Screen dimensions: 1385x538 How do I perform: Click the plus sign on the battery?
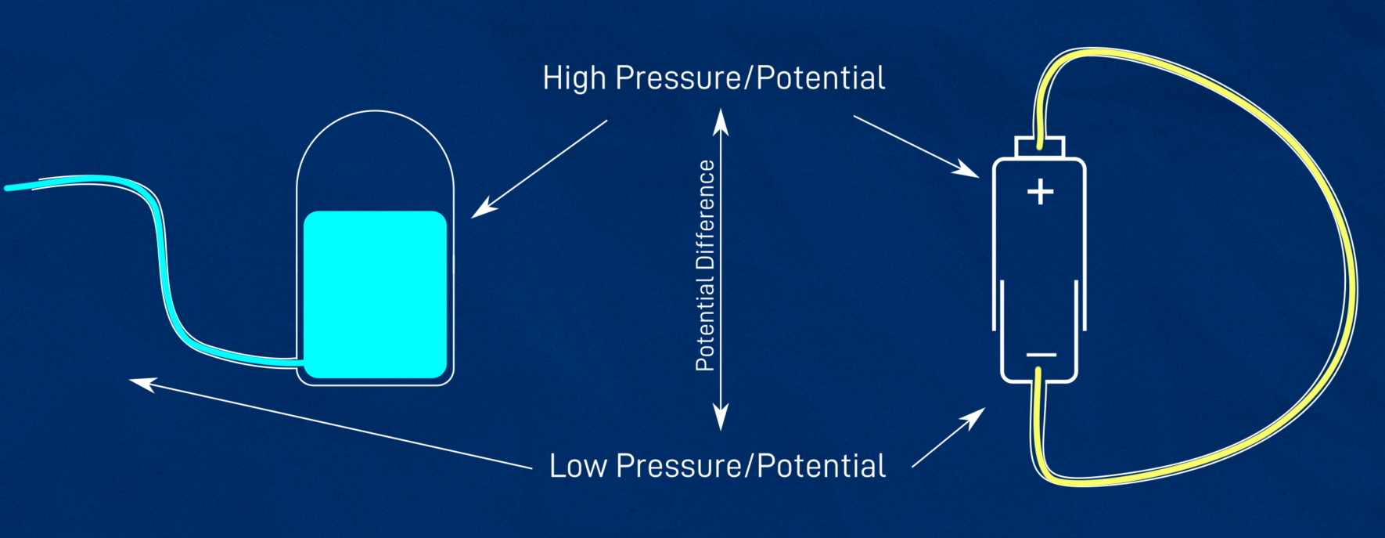1040,191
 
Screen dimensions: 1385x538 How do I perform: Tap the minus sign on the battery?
1041,355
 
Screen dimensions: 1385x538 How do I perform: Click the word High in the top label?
574,79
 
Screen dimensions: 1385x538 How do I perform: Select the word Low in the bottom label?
578,466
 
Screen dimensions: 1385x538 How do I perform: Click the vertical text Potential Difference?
705,265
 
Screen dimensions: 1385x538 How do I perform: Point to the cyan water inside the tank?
375,294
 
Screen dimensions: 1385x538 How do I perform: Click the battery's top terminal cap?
1040,146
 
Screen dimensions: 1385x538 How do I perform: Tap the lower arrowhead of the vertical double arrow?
721,417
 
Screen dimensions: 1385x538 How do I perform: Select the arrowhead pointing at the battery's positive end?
967,168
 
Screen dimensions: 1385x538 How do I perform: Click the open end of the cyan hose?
8,188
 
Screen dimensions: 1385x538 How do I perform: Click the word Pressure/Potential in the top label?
750,79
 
